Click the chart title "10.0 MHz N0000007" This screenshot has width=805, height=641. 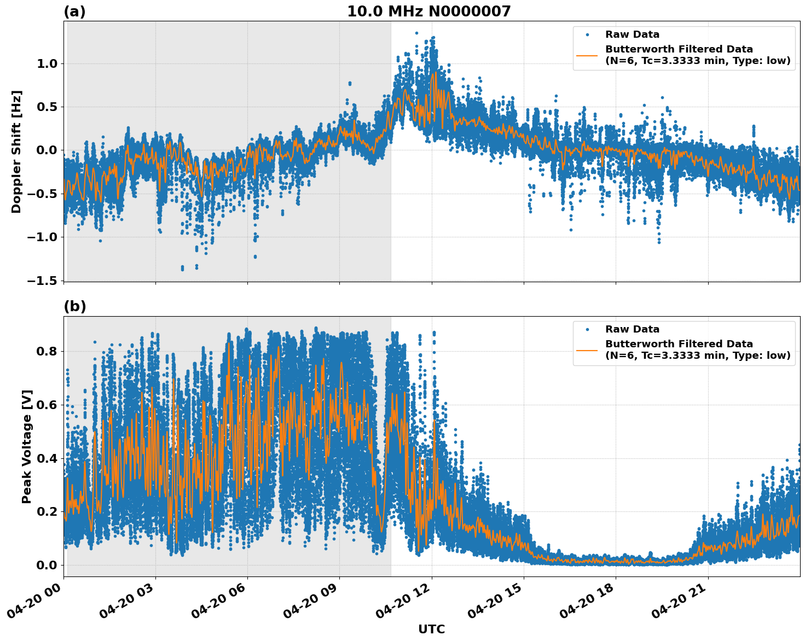coord(428,11)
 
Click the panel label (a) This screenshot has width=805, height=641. coord(74,11)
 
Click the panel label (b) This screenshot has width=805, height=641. coord(74,306)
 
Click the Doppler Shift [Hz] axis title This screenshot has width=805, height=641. coord(16,151)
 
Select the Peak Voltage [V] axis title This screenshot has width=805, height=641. coord(27,446)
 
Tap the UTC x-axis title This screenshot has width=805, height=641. coord(431,629)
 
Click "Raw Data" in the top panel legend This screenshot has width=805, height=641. coord(632,34)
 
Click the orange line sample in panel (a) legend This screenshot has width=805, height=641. coord(587,55)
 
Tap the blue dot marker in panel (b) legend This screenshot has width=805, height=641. coord(587,329)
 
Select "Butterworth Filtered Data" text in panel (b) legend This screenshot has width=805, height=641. coord(679,344)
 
